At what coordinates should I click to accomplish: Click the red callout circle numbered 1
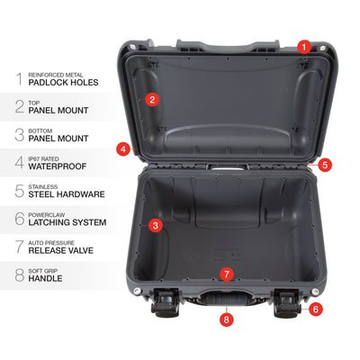pos(304,48)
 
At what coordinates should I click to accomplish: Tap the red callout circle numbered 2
pos(152,99)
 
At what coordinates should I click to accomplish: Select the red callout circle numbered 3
pos(156,225)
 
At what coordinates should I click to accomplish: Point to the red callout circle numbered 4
pos(123,148)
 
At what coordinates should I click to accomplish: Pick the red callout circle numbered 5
pos(325,165)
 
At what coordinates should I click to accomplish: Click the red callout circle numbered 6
pos(316,309)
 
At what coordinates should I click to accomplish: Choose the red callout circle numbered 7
pos(227,274)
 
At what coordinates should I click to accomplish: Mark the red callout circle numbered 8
pos(227,319)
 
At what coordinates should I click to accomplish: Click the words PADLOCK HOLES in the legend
pos(63,83)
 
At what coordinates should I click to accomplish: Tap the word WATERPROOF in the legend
pos(58,166)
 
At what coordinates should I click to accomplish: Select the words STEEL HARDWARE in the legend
pos(67,194)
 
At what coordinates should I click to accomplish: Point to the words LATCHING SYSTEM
pos(67,222)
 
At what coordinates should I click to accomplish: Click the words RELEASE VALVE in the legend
pos(61,250)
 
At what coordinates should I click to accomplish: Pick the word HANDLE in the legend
pos(45,278)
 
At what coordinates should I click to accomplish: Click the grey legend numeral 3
pos(20,135)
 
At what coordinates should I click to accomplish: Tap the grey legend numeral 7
pos(20,247)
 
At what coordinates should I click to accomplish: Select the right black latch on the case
pos(287,303)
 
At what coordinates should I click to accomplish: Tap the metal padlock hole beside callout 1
pos(323,48)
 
